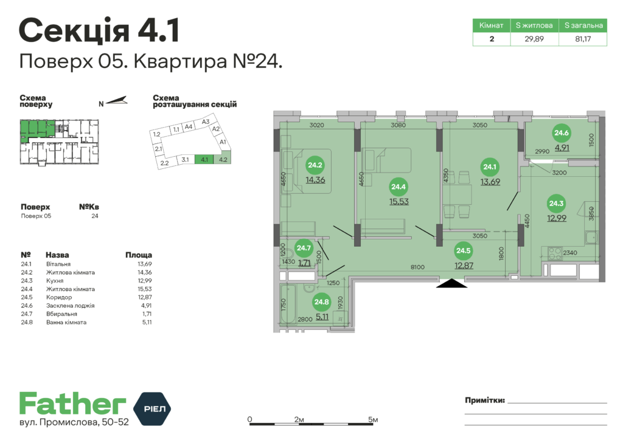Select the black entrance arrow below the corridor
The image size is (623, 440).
click(451, 283)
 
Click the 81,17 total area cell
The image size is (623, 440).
click(583, 39)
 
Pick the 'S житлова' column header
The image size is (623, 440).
click(534, 26)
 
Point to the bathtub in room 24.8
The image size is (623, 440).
click(289, 304)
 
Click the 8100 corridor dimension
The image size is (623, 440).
click(417, 266)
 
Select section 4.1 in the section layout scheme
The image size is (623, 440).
click(204, 160)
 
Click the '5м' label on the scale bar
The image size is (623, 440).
click(374, 420)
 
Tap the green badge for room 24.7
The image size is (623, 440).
click(303, 247)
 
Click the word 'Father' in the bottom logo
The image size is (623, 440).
click(72, 404)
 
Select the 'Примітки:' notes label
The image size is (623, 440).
click(485, 400)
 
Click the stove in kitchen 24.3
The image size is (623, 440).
click(554, 250)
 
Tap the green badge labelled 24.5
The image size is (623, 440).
click(464, 250)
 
